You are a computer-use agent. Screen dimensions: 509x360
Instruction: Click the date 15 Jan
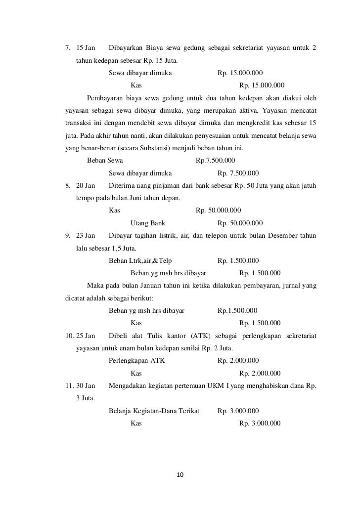86,48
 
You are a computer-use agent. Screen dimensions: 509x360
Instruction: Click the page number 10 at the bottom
180,475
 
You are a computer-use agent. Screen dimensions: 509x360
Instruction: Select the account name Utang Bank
147,223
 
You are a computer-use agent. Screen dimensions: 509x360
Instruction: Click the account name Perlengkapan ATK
136,361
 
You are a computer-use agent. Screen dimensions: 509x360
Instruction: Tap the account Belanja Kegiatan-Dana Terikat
153,411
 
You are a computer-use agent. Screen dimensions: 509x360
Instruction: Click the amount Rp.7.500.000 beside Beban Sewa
215,161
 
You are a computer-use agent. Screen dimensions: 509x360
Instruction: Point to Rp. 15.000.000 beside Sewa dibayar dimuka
240,73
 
